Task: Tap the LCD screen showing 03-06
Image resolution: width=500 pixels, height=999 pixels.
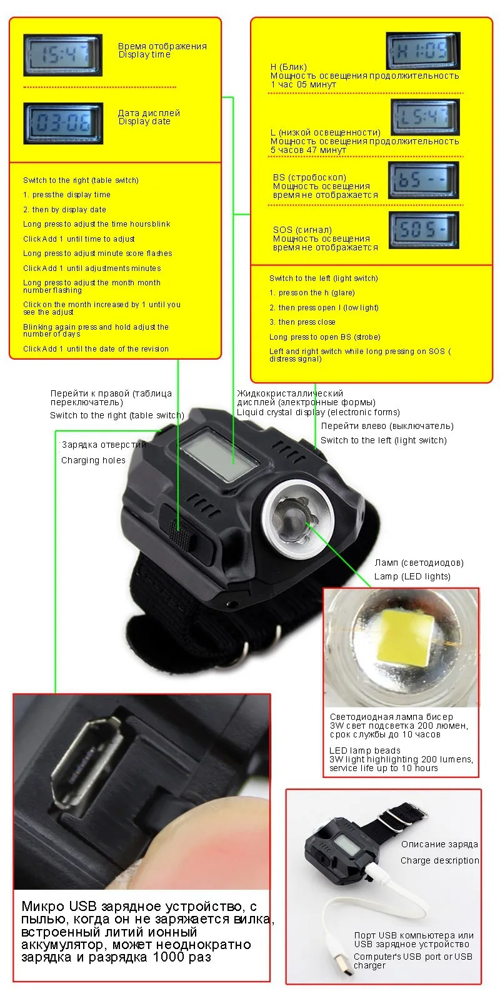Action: pyautogui.click(x=62, y=122)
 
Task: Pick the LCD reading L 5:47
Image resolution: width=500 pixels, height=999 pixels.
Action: pyautogui.click(x=425, y=117)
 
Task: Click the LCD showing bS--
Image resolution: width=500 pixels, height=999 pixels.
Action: pyautogui.click(x=423, y=180)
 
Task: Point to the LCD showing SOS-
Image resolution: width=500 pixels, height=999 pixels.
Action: pyautogui.click(x=423, y=230)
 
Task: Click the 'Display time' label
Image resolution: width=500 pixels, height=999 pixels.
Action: pyautogui.click(x=144, y=55)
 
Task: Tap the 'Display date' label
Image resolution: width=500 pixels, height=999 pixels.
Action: pyautogui.click(x=144, y=122)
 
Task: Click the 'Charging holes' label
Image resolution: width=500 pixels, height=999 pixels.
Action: pyautogui.click(x=93, y=461)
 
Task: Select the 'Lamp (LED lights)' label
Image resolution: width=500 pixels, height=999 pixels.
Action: pyautogui.click(x=412, y=576)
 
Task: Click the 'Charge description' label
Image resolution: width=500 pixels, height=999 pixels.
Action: pyautogui.click(x=439, y=860)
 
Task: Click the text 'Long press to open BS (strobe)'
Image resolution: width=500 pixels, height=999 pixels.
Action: pyautogui.click(x=324, y=337)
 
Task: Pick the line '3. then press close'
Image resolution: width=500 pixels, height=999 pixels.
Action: pyautogui.click(x=302, y=322)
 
